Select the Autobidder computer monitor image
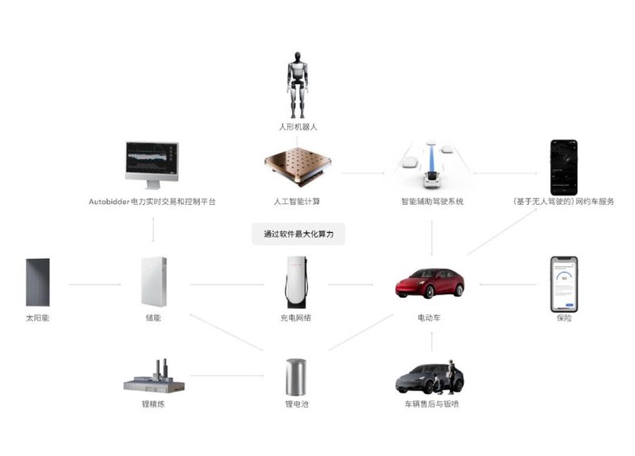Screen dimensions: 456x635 tap(152, 165)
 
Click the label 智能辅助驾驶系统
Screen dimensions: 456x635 tap(432, 202)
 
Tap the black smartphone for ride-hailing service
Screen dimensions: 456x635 tap(564, 166)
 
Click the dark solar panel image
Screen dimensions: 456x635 tap(37, 282)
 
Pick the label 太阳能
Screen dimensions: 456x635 tap(37, 318)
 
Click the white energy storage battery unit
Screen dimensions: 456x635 tap(154, 281)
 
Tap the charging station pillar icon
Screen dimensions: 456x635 tap(296, 283)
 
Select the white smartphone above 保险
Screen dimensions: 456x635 tap(564, 283)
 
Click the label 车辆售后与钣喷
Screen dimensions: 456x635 tap(431, 404)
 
